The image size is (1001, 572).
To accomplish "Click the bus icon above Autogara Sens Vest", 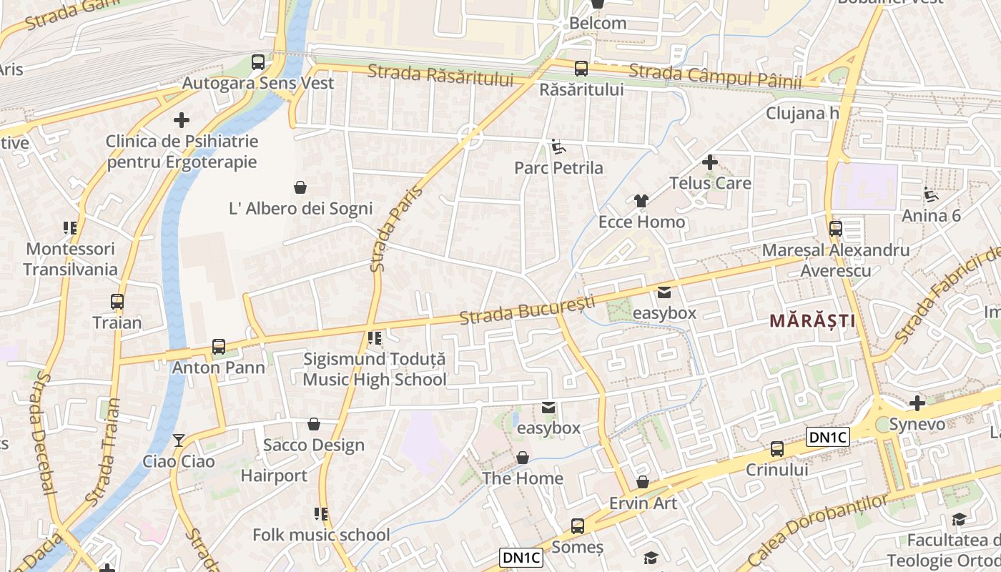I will pos(258,62).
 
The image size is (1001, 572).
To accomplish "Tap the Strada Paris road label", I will pos(396,229).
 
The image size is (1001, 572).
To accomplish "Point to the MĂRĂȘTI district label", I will pos(812,321).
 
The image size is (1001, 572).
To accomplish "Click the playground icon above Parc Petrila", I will pos(558,147).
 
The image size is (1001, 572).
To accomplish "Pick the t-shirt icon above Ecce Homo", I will pos(641,201).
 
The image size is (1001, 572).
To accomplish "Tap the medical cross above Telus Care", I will pos(709,162).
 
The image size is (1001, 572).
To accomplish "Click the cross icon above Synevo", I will pos(917,403).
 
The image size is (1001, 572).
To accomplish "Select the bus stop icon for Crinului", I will pos(776,449).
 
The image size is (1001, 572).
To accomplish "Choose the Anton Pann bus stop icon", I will pos(219,347).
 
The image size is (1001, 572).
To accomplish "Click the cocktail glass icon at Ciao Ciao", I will pos(179,440).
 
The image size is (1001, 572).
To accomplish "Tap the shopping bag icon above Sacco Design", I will pos(313,424).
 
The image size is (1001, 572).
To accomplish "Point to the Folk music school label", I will pos(321,535).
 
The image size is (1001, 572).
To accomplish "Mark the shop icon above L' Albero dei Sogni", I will pos(300,187).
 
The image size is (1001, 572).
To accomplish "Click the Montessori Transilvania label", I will pos(70,259).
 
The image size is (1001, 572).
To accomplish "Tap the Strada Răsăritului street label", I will pos(441,74).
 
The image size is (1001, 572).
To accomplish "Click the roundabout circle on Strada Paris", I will pos(470,135).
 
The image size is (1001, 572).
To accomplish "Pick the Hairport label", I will pos(274,475).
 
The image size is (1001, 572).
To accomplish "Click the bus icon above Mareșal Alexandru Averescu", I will pos(835,229).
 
